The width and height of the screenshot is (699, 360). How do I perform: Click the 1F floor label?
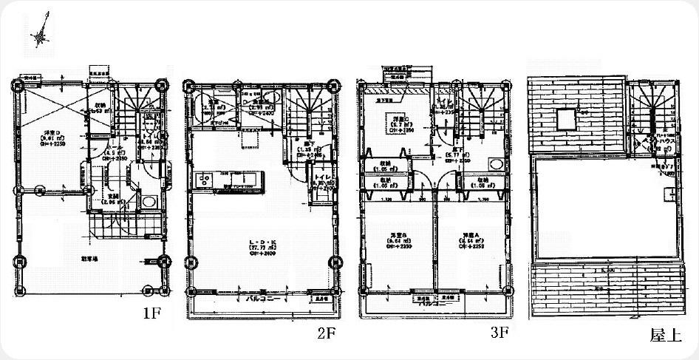(x=152, y=313)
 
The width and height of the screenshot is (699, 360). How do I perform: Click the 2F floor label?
(x=327, y=333)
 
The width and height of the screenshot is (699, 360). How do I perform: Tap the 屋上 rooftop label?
(x=666, y=335)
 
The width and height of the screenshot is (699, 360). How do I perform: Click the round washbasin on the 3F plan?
(x=496, y=163)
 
